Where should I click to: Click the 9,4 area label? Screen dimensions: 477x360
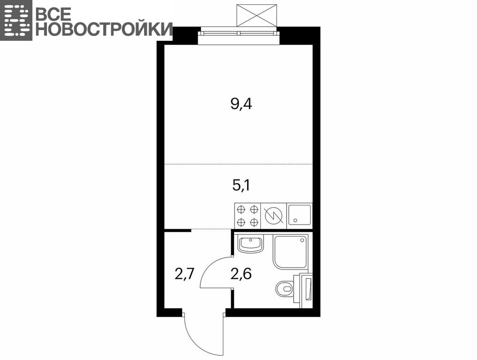coord(242,105)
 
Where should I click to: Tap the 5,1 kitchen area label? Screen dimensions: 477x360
coord(241,185)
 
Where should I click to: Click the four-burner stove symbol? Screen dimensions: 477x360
coord(248,216)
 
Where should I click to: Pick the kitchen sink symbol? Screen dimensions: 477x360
coord(300,216)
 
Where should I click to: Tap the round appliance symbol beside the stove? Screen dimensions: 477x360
coord(274,216)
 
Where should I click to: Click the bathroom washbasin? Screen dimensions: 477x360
coord(251,244)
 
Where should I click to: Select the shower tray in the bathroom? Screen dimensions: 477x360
coord(290,252)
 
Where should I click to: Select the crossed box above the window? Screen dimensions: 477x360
coord(257,15)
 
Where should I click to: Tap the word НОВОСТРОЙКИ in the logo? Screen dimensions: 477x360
coord(104,29)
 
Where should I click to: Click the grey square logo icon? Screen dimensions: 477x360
coord(16,20)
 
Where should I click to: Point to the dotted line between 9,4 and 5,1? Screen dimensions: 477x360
coord(238,164)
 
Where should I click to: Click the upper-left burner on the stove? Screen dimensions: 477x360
coord(241,210)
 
